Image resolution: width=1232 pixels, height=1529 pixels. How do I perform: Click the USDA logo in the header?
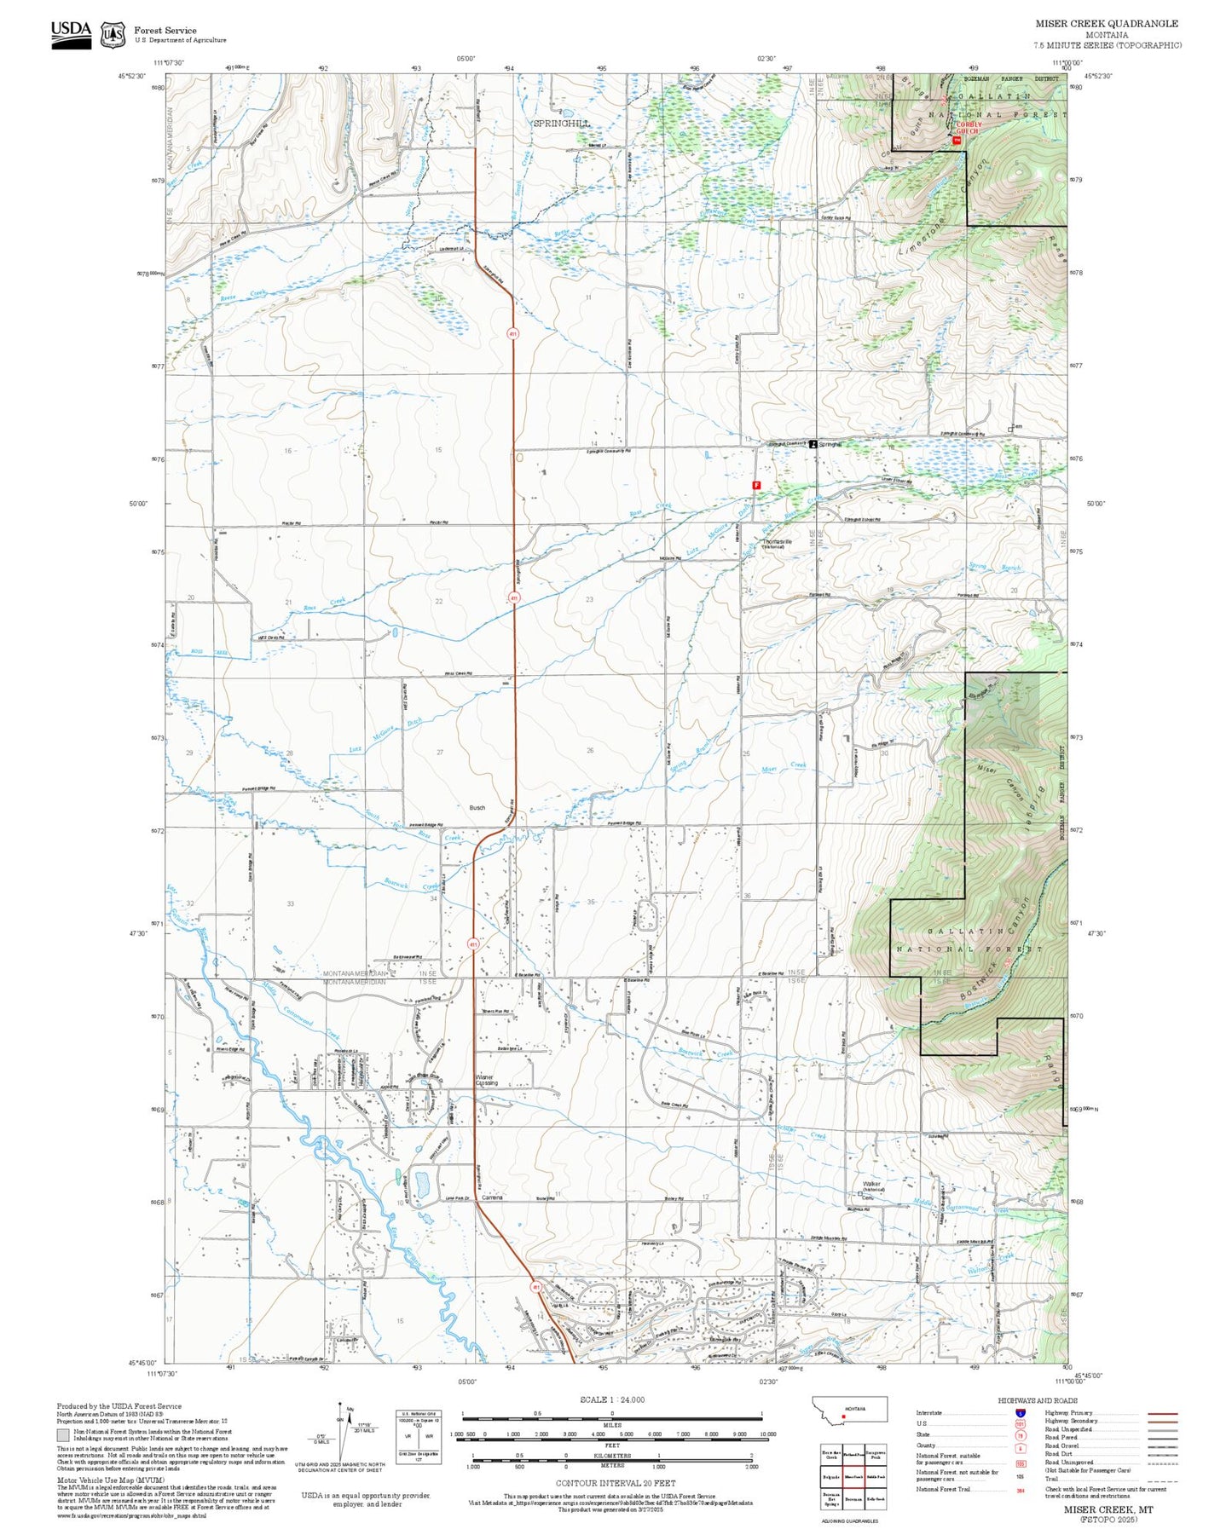(71, 33)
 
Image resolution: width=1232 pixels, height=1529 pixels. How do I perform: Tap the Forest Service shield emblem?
(113, 34)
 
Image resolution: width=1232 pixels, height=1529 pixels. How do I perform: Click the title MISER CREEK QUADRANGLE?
(1107, 24)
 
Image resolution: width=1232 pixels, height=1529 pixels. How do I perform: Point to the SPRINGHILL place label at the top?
(560, 124)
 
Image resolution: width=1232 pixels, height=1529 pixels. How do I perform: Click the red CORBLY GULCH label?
(968, 128)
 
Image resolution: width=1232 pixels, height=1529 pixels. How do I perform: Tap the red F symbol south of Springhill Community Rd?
(755, 485)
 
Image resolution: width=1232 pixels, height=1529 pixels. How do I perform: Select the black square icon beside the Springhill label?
(813, 444)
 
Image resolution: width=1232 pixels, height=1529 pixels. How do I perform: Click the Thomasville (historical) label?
(778, 543)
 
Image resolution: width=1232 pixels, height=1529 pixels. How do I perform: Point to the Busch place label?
(477, 807)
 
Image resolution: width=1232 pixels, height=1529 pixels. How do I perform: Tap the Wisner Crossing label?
(484, 1080)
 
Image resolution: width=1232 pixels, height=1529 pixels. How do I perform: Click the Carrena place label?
(492, 1197)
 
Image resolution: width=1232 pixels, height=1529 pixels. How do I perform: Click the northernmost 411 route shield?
(512, 333)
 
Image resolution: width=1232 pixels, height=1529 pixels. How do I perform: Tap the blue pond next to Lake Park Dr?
(421, 1184)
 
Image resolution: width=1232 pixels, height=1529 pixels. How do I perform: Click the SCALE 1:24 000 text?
(611, 1399)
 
